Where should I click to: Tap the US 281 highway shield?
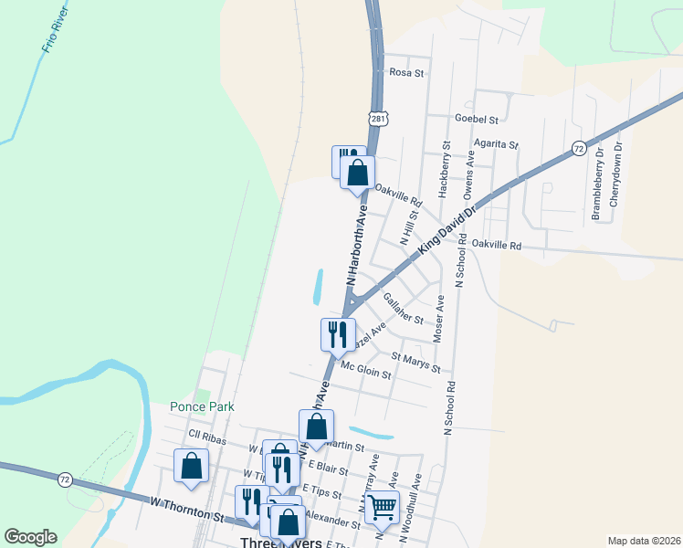[x=379, y=119]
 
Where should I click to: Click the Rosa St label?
[x=407, y=72]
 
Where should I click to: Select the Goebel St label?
[x=477, y=120]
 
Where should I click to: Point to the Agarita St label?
[x=497, y=144]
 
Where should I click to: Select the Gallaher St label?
[x=404, y=309]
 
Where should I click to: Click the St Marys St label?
[x=415, y=362]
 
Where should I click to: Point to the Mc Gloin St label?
[x=365, y=369]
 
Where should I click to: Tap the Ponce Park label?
[x=202, y=407]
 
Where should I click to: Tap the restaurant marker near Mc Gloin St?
[x=337, y=333]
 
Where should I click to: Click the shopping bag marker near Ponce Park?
[x=192, y=466]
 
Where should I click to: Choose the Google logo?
[x=31, y=536]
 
